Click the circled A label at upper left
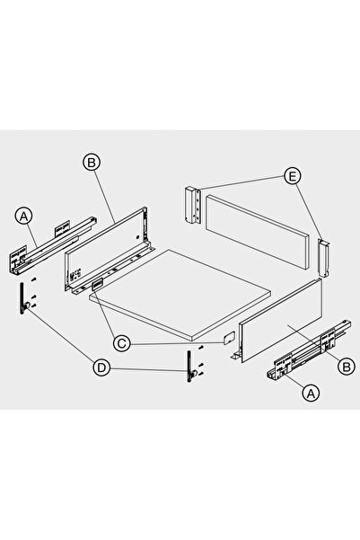click(23, 217)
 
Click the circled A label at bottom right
click(311, 393)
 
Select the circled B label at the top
click(92, 162)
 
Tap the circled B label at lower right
click(347, 367)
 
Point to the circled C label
click(122, 343)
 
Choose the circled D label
click(101, 367)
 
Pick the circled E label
click(292, 176)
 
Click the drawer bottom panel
click(180, 295)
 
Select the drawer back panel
click(257, 230)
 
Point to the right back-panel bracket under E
click(324, 258)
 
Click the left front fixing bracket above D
click(23, 298)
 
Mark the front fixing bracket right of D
click(190, 366)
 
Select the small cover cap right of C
click(229, 338)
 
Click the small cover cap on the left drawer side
click(98, 284)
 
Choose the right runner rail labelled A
click(309, 350)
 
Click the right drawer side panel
click(278, 321)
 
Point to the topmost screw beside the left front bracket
click(34, 279)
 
